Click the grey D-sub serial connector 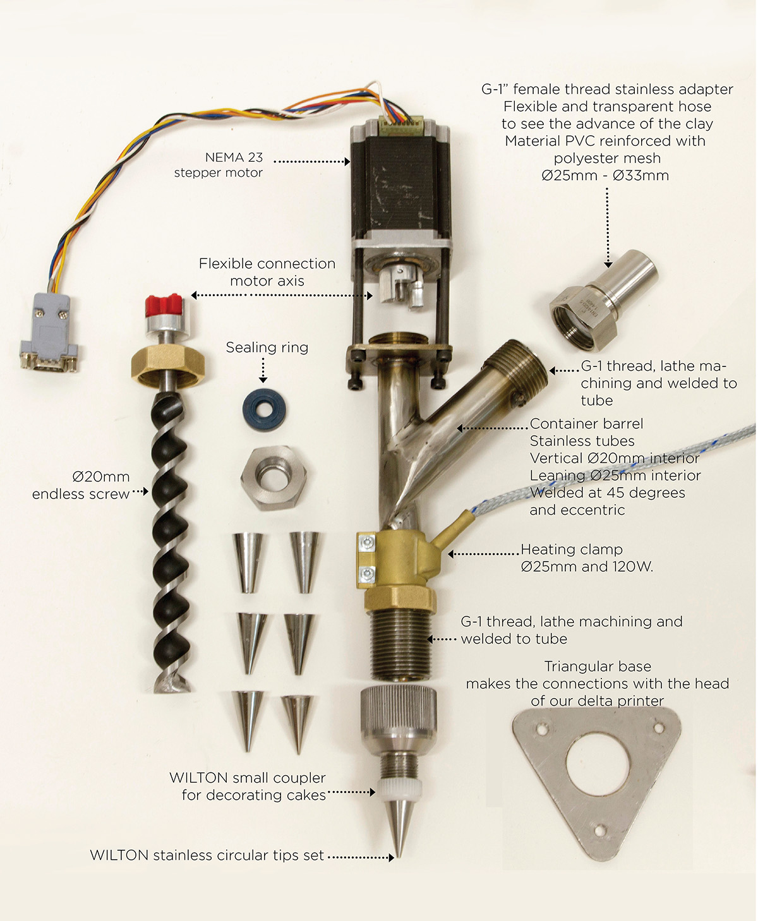pyautogui.click(x=49, y=333)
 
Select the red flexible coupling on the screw pyautogui.click(x=164, y=306)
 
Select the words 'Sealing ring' pyautogui.click(x=267, y=347)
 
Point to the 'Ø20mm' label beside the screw pyautogui.click(x=100, y=476)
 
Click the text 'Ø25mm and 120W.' pyautogui.click(x=586, y=567)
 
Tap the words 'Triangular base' pyautogui.click(x=598, y=666)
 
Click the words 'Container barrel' pyautogui.click(x=586, y=424)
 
